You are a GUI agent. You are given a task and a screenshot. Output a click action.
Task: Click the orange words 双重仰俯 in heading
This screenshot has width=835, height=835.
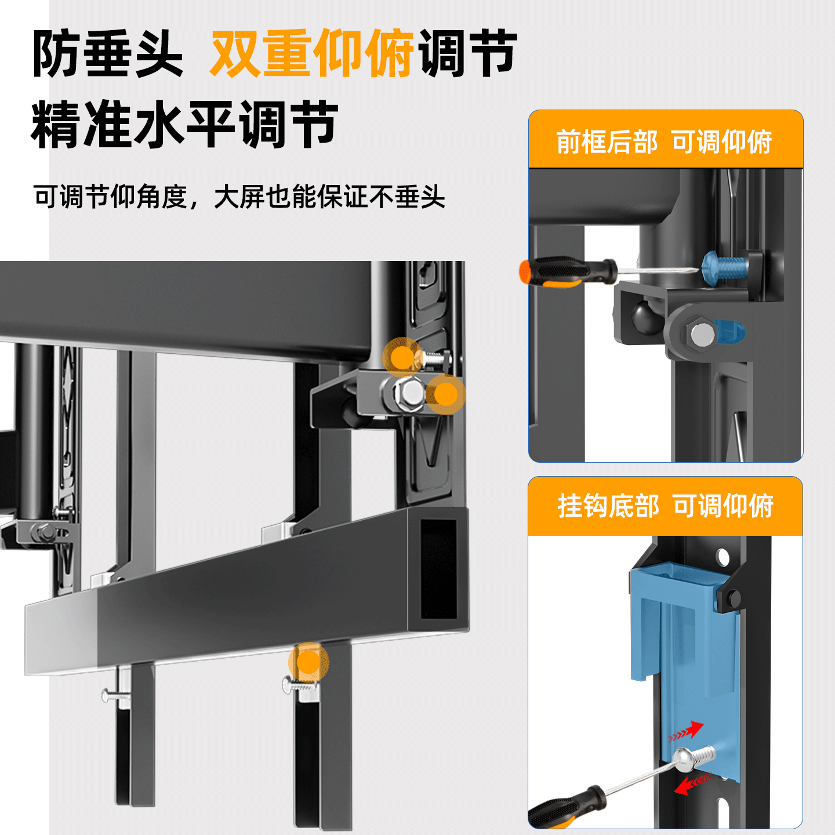311,53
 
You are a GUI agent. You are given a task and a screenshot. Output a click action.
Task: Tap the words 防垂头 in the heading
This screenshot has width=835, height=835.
108,53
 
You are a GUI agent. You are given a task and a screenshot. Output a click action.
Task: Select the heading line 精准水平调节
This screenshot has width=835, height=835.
184,124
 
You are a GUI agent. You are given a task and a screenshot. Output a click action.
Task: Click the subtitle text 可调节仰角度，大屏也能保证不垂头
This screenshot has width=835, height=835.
239,197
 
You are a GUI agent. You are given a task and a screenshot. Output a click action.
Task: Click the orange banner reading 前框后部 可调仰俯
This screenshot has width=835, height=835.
665,141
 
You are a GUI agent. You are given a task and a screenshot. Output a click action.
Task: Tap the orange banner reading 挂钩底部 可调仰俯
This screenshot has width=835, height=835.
665,506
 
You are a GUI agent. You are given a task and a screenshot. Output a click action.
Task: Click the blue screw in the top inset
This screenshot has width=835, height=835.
725,268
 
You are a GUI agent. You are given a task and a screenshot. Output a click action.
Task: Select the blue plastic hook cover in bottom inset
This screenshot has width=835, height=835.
684,626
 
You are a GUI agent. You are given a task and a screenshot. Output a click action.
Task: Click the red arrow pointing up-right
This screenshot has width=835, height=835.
687,732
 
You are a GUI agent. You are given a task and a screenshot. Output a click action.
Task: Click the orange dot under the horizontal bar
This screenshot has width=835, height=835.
308,662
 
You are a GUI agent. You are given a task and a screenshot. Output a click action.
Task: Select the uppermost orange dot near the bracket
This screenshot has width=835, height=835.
401,357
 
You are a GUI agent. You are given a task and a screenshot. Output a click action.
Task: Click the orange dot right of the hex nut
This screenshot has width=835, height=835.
445,394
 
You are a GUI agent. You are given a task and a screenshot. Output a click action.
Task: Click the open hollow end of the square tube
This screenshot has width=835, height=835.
438,568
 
